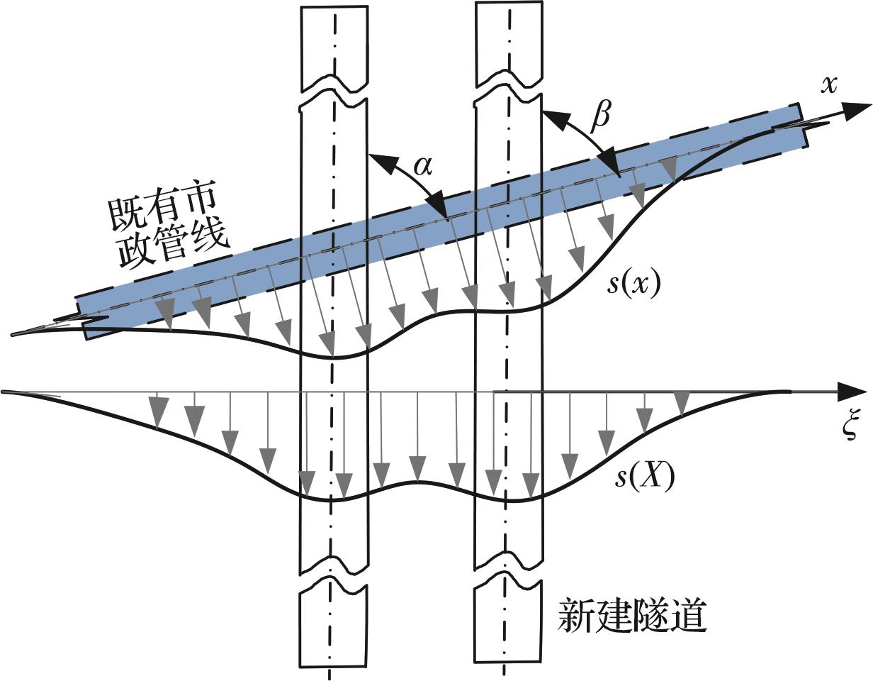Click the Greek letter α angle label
[422, 166]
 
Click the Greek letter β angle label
[601, 116]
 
